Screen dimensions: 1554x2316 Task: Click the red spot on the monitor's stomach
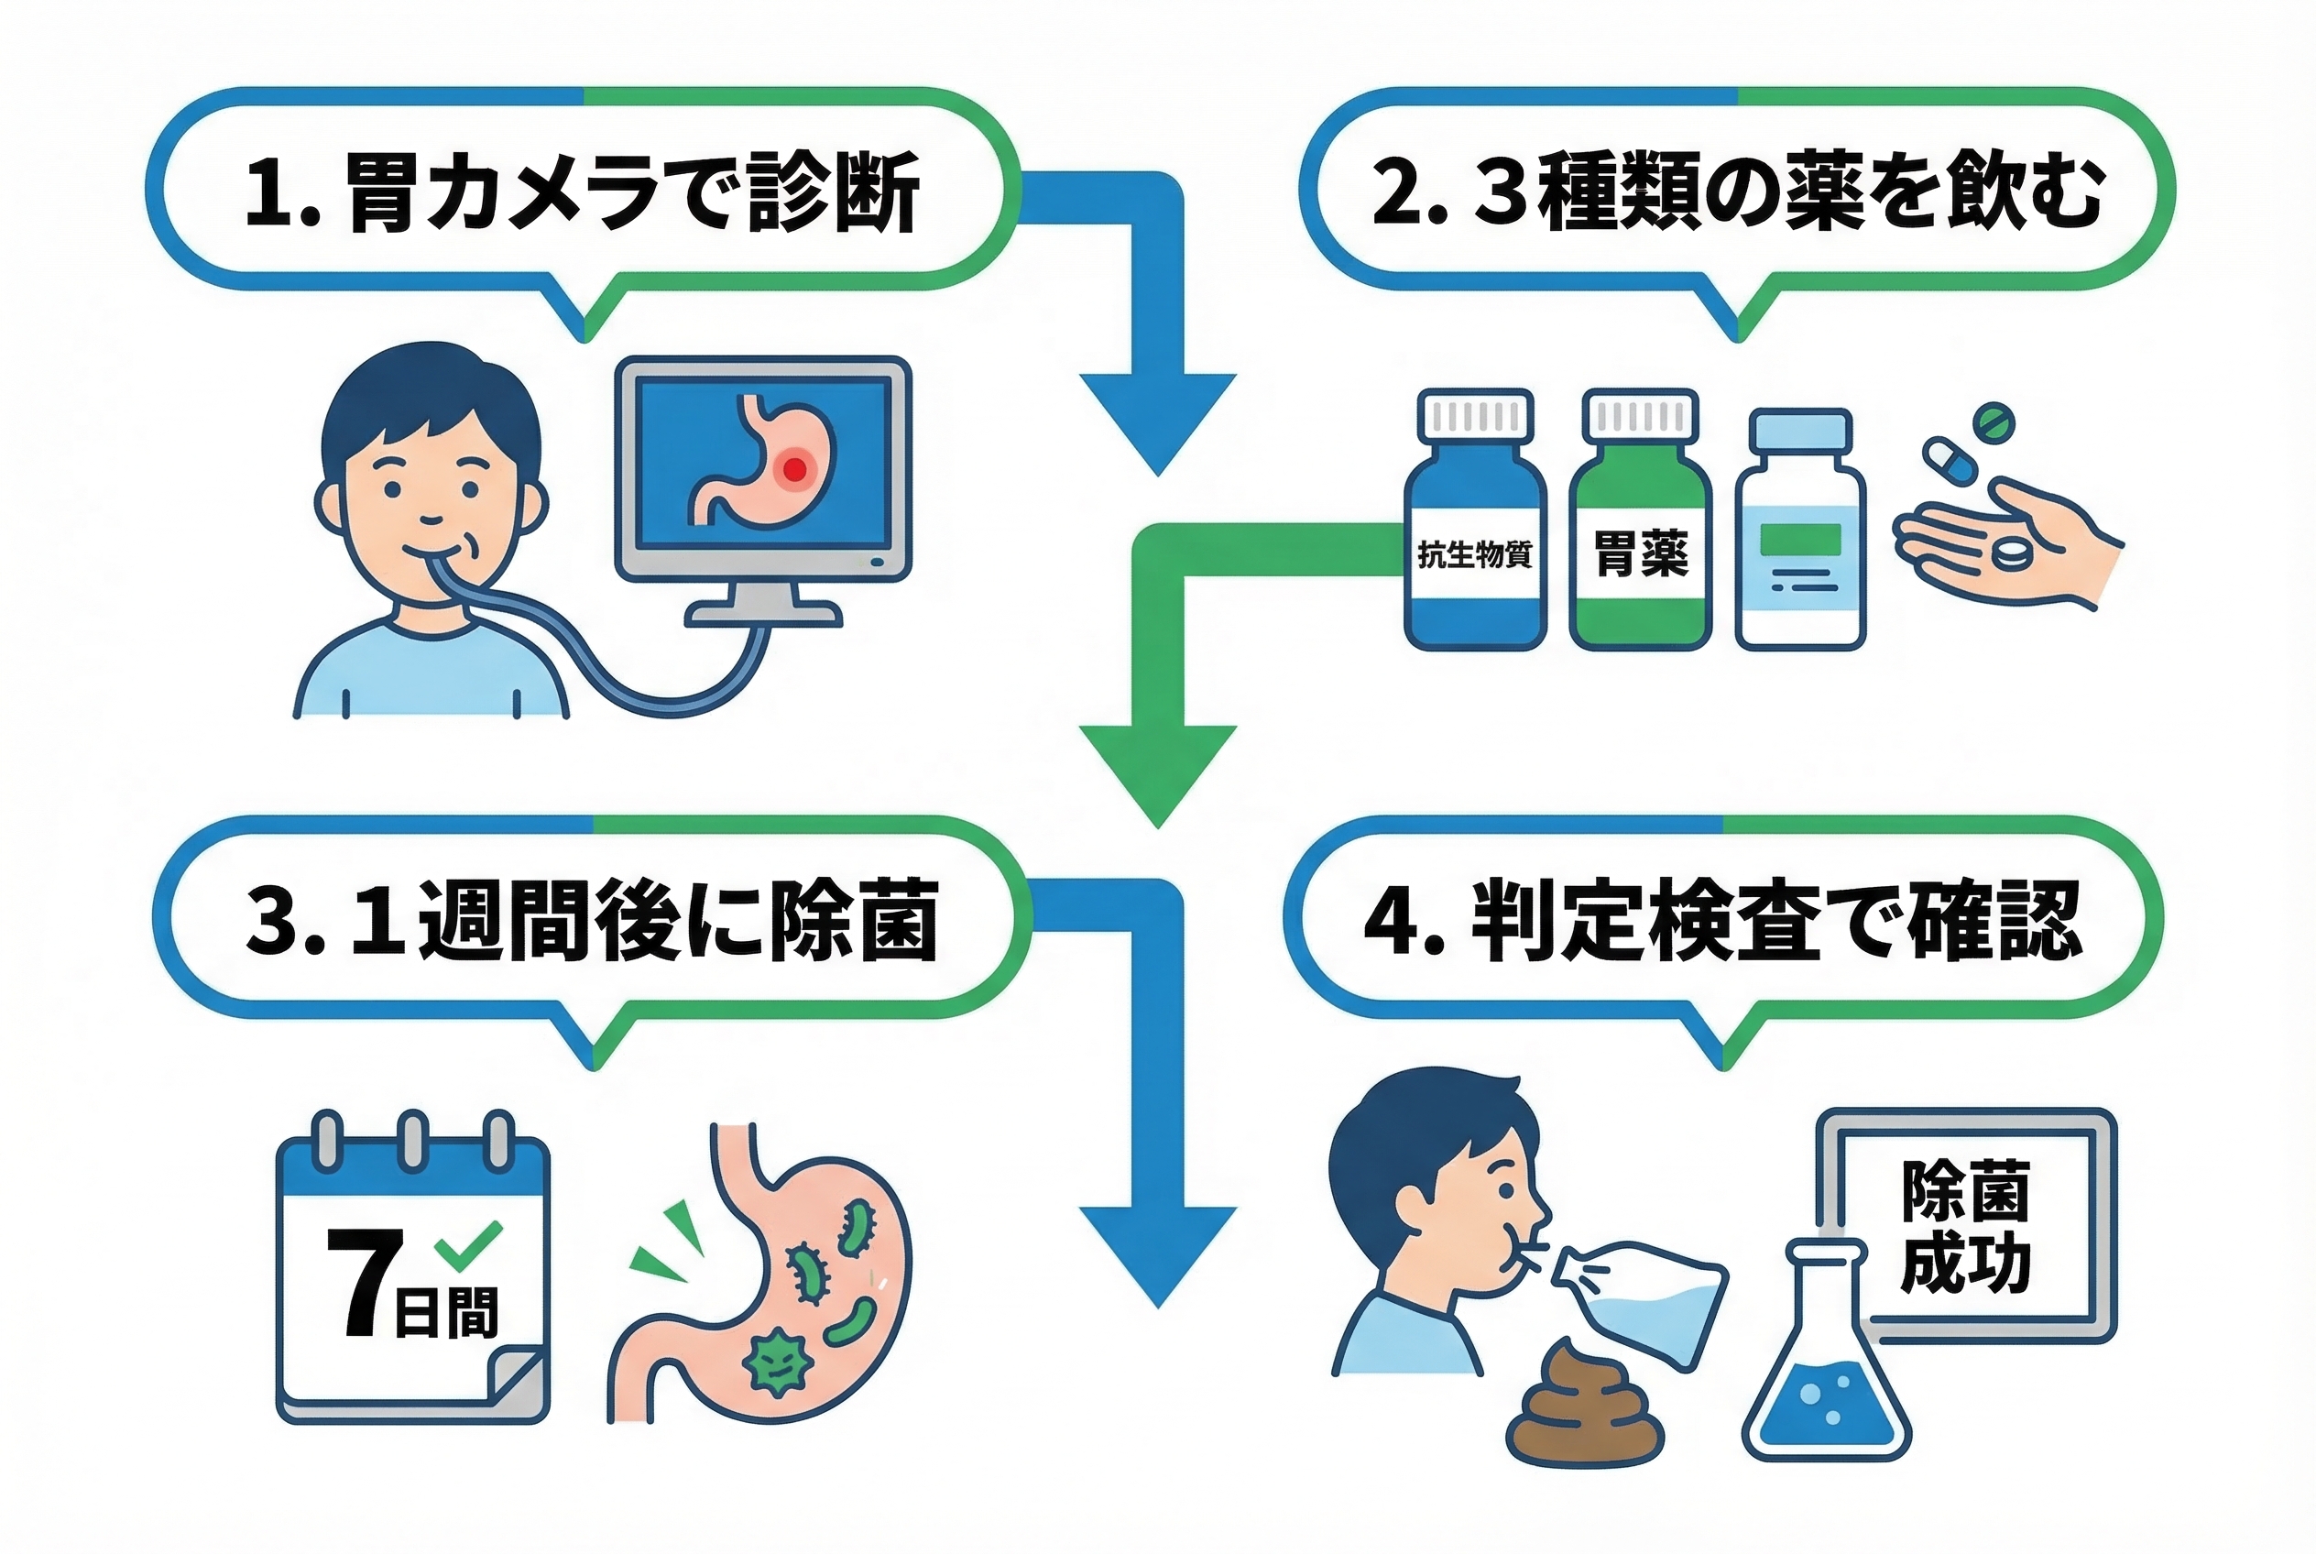pos(793,468)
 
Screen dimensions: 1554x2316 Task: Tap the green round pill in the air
pos(1994,421)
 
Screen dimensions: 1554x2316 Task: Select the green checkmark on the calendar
pos(469,1245)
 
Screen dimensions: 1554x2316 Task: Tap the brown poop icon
pos(1583,1406)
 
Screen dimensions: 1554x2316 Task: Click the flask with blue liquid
pos(1826,1377)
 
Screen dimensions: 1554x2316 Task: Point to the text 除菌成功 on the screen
pos(1965,1227)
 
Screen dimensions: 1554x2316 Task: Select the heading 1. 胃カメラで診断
pos(583,192)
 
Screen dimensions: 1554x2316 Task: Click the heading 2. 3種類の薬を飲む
pos(1736,192)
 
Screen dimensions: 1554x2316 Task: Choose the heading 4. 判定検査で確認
pos(1722,920)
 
